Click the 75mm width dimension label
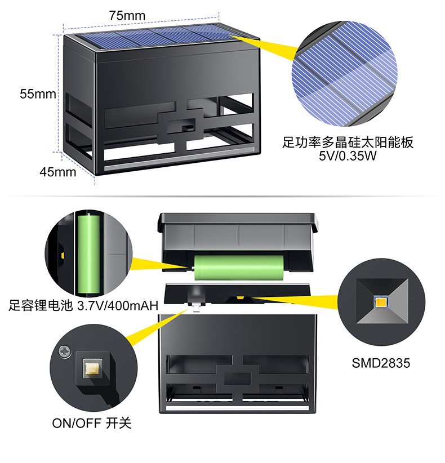(127, 16)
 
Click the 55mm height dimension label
(38, 94)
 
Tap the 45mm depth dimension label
(57, 172)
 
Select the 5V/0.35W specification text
(347, 155)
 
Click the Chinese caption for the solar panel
(348, 142)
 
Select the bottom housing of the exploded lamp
(237, 366)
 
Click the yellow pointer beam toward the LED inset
(293, 297)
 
